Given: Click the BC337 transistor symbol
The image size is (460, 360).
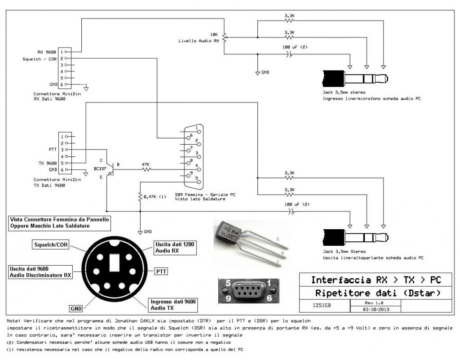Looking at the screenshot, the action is pos(110,169).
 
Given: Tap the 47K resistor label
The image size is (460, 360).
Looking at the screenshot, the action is pos(146,164).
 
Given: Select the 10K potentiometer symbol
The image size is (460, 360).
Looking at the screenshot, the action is pos(225,38).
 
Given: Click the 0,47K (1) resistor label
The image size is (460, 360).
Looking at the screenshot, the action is pos(155,197).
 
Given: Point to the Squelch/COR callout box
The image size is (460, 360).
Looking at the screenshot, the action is pos(51,244).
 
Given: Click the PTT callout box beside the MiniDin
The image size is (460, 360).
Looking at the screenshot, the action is pos(161,271).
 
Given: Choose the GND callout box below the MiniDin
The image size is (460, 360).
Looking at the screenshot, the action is pos(76,308).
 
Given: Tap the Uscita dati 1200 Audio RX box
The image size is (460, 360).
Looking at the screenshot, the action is pos(175,248).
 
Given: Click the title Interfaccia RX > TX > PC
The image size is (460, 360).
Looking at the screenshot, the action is pos(376,280).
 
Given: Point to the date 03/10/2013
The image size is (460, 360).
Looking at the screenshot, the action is pos(376,309).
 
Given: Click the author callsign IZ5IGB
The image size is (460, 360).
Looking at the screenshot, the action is pos(322,306).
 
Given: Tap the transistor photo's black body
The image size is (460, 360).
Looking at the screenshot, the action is pos(229,232).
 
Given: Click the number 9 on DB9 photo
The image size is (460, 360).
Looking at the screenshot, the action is pos(228,299).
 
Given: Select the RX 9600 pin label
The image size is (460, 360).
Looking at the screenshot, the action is pos(47,52).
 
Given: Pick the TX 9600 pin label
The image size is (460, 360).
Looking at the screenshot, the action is pos(48,163).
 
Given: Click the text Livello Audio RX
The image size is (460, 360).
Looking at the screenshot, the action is pos(199,41).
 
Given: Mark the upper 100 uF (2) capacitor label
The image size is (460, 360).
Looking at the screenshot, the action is pos(295,47).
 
